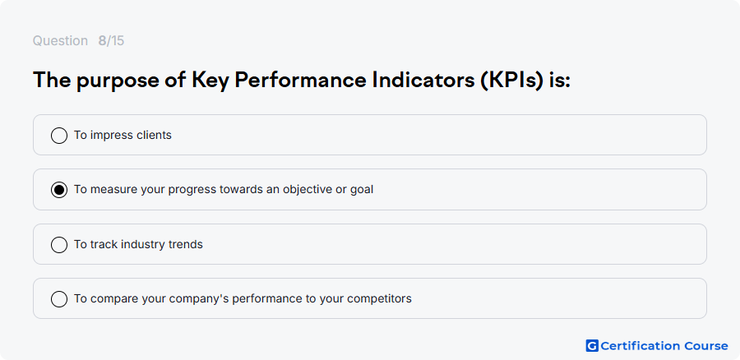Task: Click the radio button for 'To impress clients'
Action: (59, 136)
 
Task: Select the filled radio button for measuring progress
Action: (59, 190)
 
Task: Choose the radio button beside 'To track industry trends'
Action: (59, 245)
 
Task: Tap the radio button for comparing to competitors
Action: (59, 299)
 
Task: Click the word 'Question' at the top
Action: (60, 41)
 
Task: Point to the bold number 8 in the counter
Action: (102, 41)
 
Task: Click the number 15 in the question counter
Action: (118, 41)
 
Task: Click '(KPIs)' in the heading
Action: (512, 81)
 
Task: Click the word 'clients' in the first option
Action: (154, 135)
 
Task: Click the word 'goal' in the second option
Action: (362, 190)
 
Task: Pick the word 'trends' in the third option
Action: (186, 244)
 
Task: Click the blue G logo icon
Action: (592, 346)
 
